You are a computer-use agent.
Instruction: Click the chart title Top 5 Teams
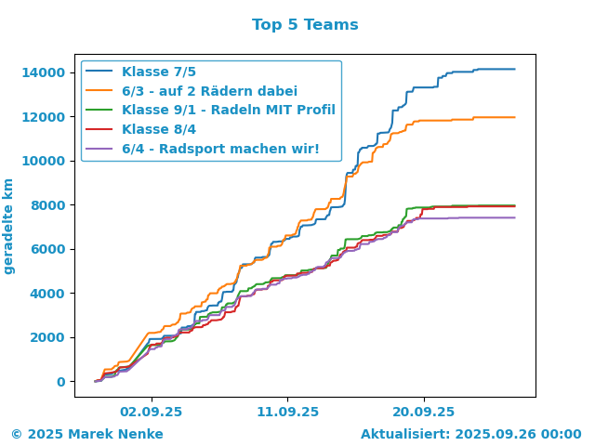pyautogui.click(x=305, y=25)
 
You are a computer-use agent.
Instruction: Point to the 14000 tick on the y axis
pyautogui.click(x=44, y=72)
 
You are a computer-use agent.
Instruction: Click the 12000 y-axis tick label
pyautogui.click(x=44, y=117)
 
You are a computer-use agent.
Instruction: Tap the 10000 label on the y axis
pyautogui.click(x=44, y=161)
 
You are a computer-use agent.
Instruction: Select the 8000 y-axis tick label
pyautogui.click(x=47, y=205)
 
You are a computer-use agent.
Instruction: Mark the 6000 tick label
pyautogui.click(x=47, y=249)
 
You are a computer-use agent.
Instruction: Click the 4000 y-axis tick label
pyautogui.click(x=47, y=294)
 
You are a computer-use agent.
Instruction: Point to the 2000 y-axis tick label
pyautogui.click(x=47, y=337)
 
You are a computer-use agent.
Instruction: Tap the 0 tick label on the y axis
pyautogui.click(x=61, y=382)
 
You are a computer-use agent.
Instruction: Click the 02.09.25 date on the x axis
pyautogui.click(x=152, y=412)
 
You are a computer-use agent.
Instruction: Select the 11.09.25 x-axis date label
pyautogui.click(x=287, y=412)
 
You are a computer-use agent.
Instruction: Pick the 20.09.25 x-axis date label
pyautogui.click(x=424, y=412)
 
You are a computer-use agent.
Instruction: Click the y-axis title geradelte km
pyautogui.click(x=8, y=227)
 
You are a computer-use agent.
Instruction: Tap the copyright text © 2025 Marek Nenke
pyautogui.click(x=87, y=434)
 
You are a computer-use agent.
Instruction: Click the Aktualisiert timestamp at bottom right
pyautogui.click(x=471, y=434)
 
